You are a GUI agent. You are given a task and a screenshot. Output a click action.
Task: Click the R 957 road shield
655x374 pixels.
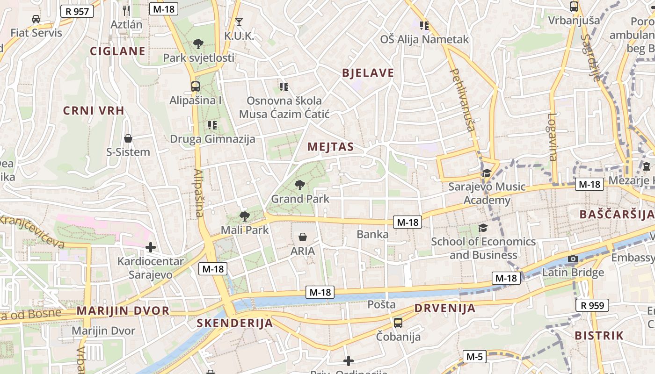click(77, 11)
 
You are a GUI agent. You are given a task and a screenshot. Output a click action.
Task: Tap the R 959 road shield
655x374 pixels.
click(592, 306)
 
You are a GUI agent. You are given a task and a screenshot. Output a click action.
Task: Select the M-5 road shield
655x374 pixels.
click(474, 357)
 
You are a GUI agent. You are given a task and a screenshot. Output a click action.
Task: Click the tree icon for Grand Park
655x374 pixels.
click(300, 185)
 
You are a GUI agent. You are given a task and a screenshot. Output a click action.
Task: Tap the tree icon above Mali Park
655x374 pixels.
click(244, 216)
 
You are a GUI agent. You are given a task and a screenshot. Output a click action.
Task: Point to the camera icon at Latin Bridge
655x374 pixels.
click(573, 259)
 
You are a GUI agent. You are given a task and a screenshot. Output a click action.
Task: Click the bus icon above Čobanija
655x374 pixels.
click(398, 323)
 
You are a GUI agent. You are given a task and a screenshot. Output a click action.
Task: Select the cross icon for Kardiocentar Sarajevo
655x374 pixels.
click(151, 247)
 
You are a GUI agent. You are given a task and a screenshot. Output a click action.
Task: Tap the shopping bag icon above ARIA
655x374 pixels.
click(303, 237)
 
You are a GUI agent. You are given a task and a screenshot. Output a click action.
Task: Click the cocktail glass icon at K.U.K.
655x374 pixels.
click(239, 22)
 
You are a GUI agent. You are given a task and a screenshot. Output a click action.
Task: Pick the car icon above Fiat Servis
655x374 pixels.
click(36, 19)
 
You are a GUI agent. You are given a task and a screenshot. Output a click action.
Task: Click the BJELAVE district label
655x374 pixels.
click(368, 73)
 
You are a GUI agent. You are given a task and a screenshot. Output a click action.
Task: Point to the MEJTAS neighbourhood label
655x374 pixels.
click(330, 147)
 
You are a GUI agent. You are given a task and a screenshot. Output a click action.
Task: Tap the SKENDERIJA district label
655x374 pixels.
click(234, 323)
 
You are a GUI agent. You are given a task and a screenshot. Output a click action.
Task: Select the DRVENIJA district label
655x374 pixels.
click(444, 308)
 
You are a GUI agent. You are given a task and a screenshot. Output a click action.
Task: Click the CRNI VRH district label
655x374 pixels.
click(94, 111)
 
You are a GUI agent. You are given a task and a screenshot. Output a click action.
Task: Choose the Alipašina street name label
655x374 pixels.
click(198, 193)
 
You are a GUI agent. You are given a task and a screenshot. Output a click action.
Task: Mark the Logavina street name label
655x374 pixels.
click(552, 137)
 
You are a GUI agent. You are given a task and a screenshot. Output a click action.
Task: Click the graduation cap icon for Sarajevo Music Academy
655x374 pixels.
click(487, 173)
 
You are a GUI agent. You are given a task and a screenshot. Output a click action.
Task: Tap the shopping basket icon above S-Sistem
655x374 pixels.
click(128, 138)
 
